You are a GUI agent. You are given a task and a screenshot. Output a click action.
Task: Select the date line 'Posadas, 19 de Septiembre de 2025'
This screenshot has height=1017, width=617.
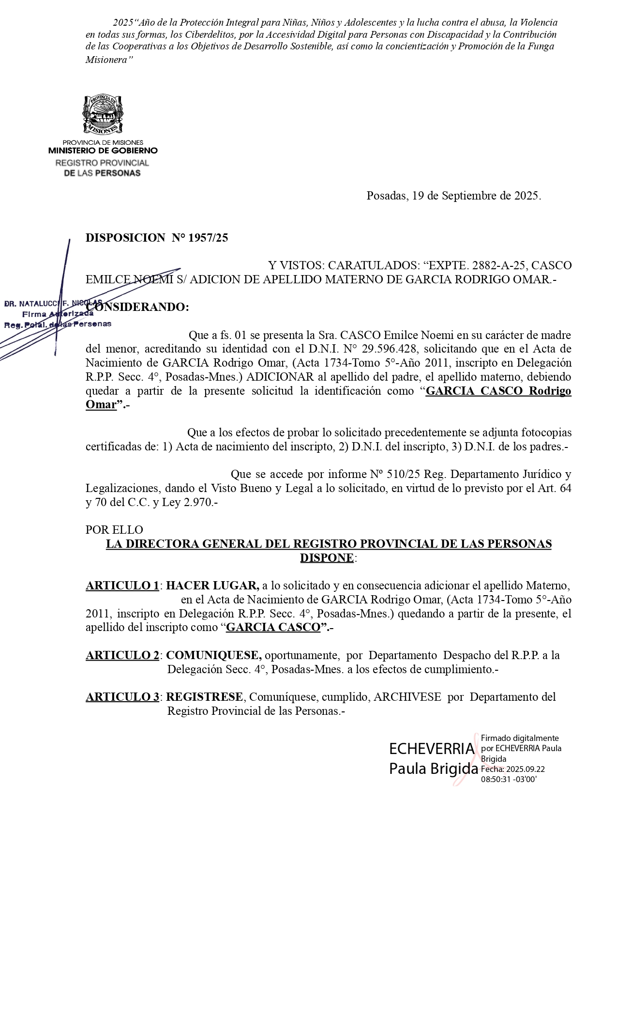(x=453, y=196)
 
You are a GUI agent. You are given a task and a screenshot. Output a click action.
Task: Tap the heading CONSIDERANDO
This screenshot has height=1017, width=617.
(x=138, y=307)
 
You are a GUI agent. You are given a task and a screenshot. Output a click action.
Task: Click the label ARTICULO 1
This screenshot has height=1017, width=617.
(x=122, y=586)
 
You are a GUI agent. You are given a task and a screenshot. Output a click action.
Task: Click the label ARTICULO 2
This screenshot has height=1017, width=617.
(x=122, y=655)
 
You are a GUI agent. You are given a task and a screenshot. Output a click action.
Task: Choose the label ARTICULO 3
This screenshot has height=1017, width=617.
(x=122, y=697)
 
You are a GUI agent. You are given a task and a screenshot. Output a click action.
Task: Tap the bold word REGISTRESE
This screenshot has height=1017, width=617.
(x=205, y=697)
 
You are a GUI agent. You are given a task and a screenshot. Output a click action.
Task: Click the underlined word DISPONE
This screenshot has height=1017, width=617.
(x=327, y=558)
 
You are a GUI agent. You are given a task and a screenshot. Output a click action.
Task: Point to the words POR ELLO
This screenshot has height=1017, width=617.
(x=114, y=530)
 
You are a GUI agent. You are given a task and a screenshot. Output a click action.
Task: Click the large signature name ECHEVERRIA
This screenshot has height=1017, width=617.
(x=432, y=749)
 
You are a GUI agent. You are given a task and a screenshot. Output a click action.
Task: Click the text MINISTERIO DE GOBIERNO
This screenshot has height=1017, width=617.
(x=103, y=151)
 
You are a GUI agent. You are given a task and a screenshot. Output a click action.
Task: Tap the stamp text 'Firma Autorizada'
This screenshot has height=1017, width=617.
(x=58, y=314)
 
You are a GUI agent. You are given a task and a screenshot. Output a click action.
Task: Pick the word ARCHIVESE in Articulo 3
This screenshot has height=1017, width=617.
(x=407, y=697)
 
